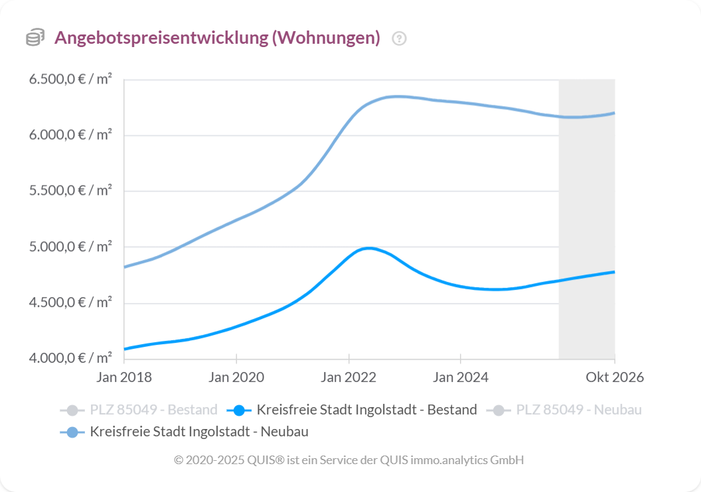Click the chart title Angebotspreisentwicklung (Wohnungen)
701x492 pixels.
tap(217, 38)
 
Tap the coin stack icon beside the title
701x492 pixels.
tap(35, 38)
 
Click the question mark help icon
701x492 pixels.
tap(399, 38)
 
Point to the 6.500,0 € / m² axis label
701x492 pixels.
tap(70, 80)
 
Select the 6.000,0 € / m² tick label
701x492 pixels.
tap(70, 135)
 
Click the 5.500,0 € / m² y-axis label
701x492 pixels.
tap(70, 191)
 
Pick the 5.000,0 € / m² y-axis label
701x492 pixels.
tap(70, 247)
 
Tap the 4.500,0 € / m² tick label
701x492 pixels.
tap(70, 303)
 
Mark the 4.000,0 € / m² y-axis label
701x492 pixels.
tap(70, 359)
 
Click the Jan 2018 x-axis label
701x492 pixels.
tap(124, 377)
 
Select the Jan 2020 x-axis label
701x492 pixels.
tap(236, 377)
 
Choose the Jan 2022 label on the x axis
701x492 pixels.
tap(349, 377)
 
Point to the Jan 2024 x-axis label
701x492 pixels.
tap(460, 377)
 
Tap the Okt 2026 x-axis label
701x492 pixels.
tap(614, 377)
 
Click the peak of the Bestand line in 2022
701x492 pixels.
tap(369, 248)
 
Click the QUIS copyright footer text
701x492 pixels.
tap(349, 460)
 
